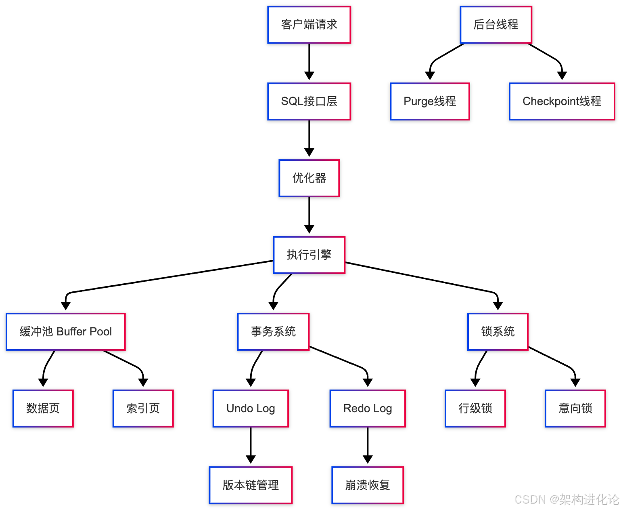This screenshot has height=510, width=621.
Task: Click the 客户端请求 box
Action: [x=309, y=25]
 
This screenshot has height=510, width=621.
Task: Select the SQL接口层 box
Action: [x=309, y=101]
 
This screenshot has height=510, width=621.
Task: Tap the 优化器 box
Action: [x=309, y=178]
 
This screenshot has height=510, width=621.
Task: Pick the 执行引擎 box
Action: [x=309, y=255]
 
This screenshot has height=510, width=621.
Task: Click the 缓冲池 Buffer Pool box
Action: [x=66, y=332]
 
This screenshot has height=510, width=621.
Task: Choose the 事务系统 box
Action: [x=273, y=332]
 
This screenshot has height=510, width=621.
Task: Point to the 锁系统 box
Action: [x=498, y=332]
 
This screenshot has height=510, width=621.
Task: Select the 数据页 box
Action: [x=43, y=409]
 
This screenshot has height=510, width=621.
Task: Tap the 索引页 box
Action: [x=143, y=409]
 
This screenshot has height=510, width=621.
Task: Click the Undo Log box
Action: [x=251, y=409]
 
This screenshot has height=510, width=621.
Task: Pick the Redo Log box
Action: [x=368, y=409]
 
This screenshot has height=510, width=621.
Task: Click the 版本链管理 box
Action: [x=251, y=485]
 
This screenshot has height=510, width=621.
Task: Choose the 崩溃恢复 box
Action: [x=368, y=485]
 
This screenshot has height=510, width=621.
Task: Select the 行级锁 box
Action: [x=475, y=409]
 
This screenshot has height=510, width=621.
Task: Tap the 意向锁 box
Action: [x=575, y=409]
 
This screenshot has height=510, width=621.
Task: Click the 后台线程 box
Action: [x=496, y=25]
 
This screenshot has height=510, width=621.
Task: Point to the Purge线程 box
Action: [x=430, y=101]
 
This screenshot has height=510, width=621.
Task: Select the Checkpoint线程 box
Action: [x=562, y=101]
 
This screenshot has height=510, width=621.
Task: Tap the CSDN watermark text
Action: [x=567, y=499]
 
